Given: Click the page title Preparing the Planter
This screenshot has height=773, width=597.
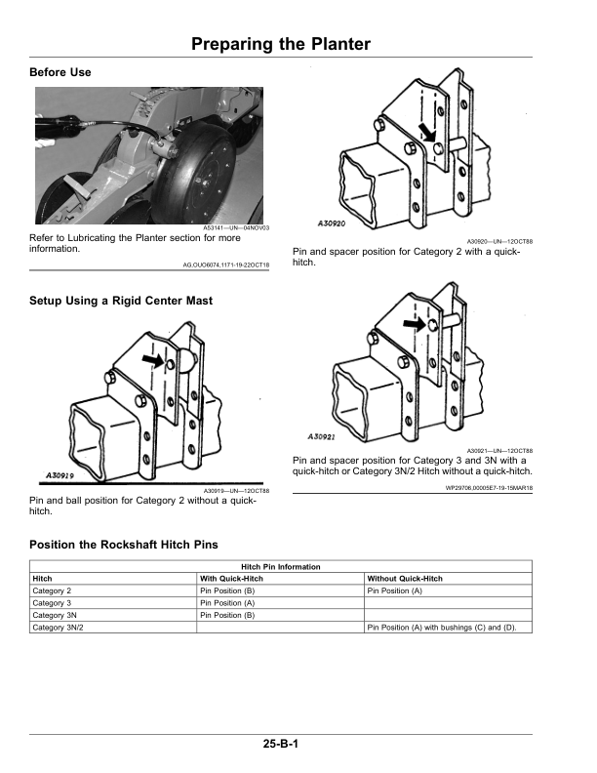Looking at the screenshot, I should click(x=281, y=44).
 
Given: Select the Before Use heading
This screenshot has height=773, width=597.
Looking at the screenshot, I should click(x=60, y=73).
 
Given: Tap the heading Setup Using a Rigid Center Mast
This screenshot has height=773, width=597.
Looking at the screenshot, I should click(x=121, y=301).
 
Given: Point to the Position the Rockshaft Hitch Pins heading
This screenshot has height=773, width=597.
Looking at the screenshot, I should click(x=124, y=544).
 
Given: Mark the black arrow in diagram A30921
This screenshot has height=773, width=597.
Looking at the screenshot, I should click(x=416, y=322).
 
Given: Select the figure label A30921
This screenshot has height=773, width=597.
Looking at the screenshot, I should click(x=322, y=435).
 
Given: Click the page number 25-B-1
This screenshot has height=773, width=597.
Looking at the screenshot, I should click(x=280, y=745).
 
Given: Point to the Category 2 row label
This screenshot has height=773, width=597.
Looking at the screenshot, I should click(x=53, y=591).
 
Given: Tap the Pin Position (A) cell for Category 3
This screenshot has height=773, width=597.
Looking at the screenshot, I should click(x=227, y=603).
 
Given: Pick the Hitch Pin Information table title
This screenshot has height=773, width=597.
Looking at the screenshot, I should click(x=280, y=567).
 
